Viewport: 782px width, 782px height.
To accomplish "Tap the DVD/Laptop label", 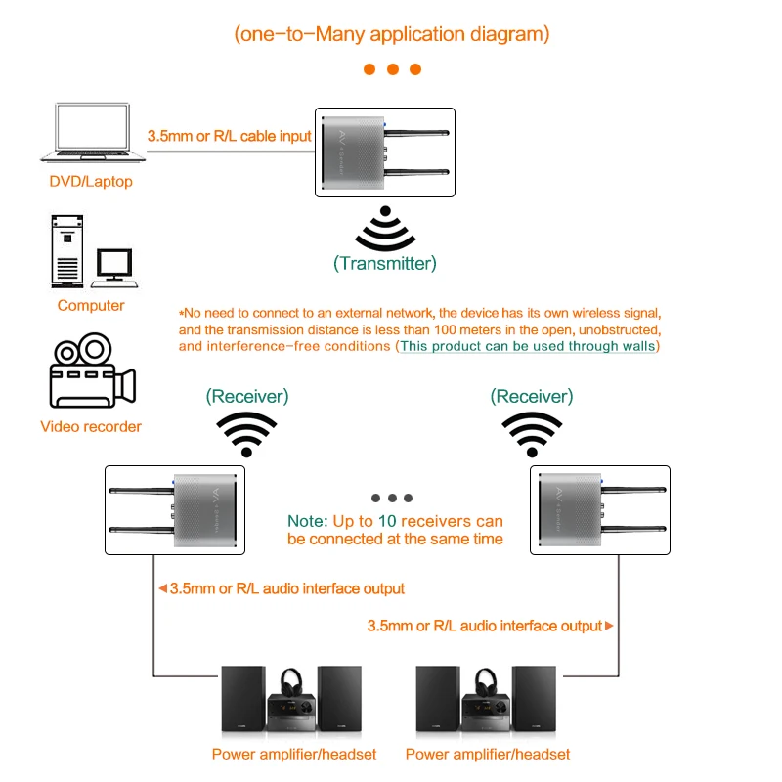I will coord(91,181).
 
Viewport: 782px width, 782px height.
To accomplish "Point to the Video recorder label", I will coord(91,426).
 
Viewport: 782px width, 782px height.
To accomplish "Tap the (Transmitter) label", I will coord(385,263).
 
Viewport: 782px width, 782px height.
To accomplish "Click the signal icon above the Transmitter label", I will coord(385,229).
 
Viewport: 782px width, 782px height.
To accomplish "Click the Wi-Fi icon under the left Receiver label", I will coord(247,433).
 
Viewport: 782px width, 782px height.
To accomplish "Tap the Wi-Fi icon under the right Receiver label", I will coord(533,433).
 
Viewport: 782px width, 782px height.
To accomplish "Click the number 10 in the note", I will coord(387,521).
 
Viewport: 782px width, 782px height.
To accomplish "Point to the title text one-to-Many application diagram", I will coord(392,34).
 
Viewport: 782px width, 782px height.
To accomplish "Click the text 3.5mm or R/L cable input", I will coord(229,137).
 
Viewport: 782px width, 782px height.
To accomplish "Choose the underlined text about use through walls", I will coord(528,346).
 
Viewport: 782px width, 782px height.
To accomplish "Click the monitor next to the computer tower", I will coord(114,265).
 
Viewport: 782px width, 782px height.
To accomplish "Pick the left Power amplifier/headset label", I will coord(294,754).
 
